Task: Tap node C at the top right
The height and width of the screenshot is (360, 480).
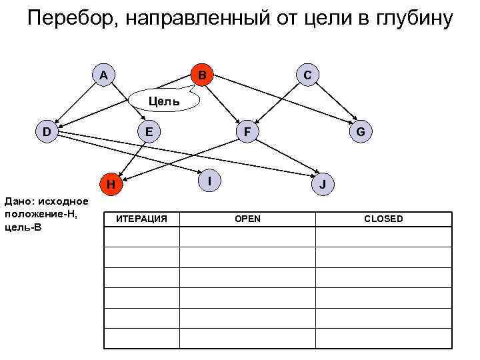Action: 306,75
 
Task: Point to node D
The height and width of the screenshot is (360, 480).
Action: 46,131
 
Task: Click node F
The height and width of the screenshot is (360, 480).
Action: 247,131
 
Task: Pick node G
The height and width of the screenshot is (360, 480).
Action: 360,131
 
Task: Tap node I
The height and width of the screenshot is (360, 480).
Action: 210,180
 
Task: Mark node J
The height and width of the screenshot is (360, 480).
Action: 323,183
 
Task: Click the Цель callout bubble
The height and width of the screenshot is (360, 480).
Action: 163,101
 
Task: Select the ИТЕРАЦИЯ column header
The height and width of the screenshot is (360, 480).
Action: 142,219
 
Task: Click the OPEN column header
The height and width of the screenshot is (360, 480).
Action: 247,219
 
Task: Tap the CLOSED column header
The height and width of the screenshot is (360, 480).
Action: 383,219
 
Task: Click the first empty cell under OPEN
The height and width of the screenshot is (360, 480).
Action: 247,237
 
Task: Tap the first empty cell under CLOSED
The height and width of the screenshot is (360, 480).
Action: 383,237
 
